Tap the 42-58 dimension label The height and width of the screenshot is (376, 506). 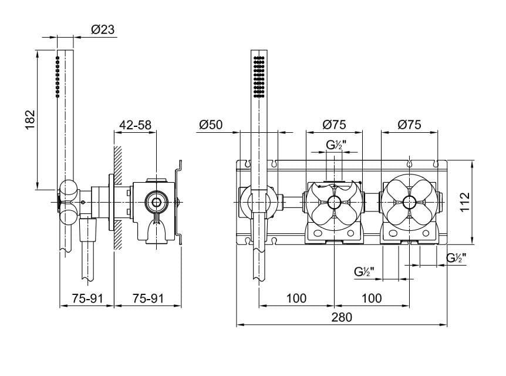[136, 125]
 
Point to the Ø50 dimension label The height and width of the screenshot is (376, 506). [211, 125]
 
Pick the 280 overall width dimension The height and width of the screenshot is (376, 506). [342, 317]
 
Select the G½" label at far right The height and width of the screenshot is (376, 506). [456, 257]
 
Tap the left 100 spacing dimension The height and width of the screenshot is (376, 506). [296, 298]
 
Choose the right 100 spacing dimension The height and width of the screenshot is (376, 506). [371, 298]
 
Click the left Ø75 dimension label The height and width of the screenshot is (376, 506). [334, 125]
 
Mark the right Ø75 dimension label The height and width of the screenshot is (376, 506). [409, 125]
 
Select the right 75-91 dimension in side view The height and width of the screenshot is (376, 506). [147, 298]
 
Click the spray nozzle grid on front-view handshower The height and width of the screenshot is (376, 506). [259, 76]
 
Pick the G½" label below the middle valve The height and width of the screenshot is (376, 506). [365, 271]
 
